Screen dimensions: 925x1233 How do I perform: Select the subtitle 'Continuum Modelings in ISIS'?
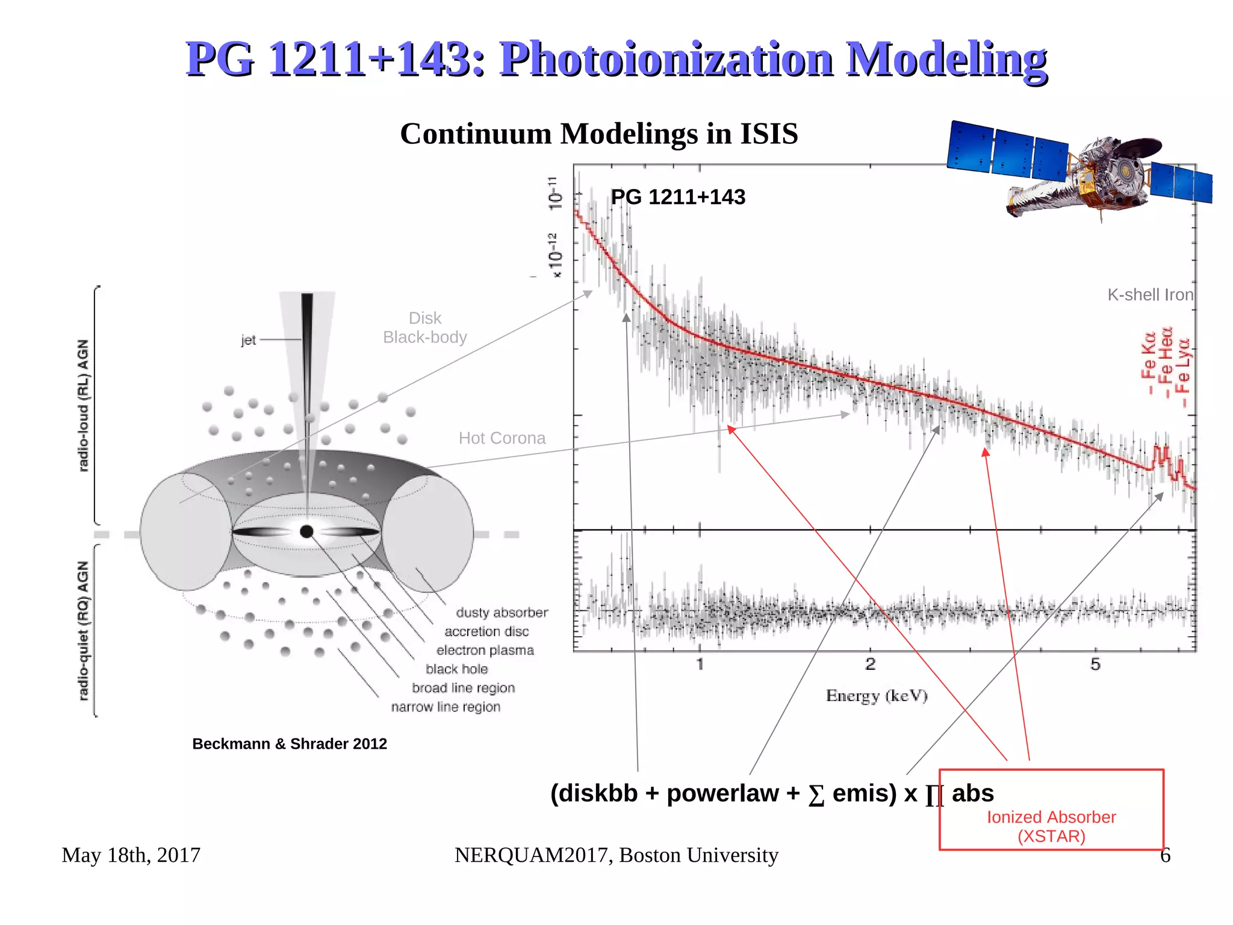point(598,134)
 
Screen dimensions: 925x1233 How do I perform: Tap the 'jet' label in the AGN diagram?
point(248,340)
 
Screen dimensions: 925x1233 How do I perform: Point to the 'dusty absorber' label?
point(502,613)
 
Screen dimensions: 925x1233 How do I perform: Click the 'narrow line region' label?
point(446,707)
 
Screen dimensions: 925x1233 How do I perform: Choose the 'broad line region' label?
point(463,688)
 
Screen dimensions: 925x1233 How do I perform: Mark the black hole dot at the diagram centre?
point(306,531)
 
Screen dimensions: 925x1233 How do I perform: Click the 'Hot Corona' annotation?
point(502,438)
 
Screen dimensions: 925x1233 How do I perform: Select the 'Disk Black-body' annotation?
point(425,327)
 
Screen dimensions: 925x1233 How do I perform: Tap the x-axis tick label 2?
point(871,664)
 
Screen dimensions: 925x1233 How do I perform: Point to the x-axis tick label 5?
point(1095,664)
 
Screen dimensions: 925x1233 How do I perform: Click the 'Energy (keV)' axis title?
point(877,696)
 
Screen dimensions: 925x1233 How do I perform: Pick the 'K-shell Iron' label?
point(1150,295)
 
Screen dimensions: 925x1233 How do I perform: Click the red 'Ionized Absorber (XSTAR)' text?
point(1051,826)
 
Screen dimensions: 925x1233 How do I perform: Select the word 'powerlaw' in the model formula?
point(722,794)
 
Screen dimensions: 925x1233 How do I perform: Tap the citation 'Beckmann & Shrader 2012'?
point(290,744)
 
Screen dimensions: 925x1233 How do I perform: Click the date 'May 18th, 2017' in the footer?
point(131,855)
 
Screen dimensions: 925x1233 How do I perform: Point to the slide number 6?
point(1166,855)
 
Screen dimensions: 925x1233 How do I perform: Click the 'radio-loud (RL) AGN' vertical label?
point(83,405)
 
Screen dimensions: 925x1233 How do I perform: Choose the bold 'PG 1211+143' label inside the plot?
point(678,197)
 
